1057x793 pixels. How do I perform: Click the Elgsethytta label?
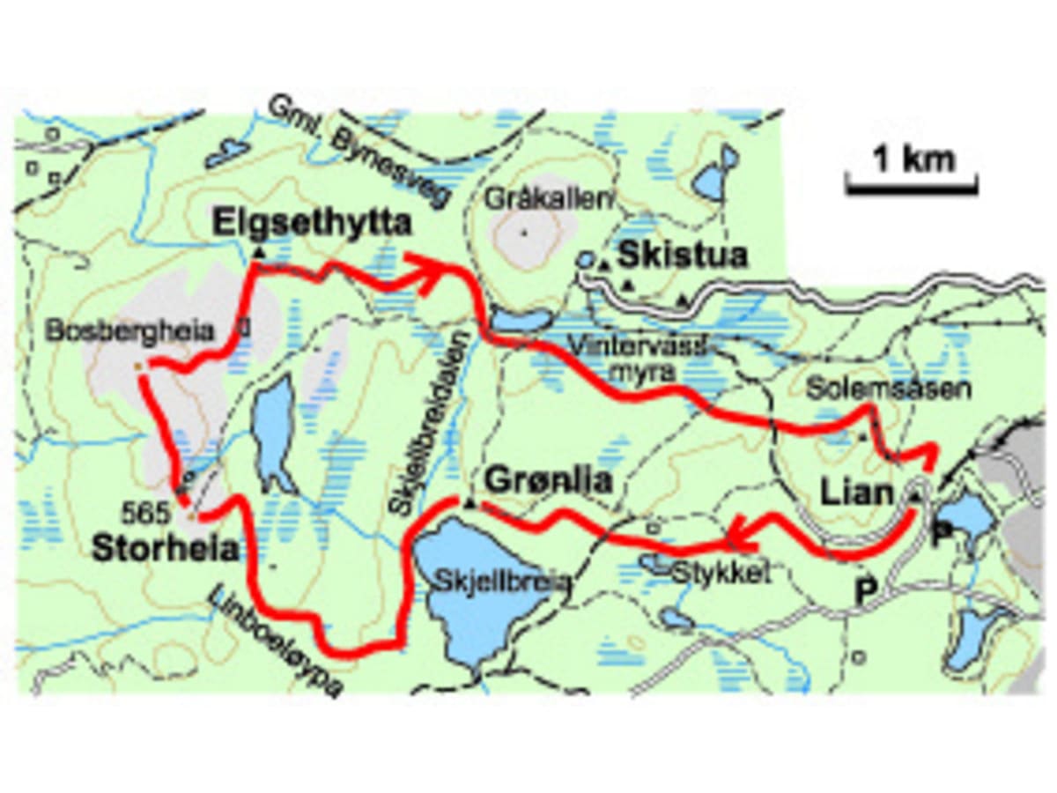[x=312, y=224]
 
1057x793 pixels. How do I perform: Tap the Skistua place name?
[x=683, y=256]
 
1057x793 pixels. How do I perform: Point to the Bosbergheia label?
[x=132, y=332]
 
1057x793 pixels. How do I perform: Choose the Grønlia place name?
[x=548, y=482]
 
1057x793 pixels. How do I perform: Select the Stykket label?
[x=721, y=574]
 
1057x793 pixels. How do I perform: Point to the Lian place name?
[x=857, y=493]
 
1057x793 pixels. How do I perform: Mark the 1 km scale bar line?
[x=912, y=187]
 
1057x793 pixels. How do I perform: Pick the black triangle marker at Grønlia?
[x=469, y=502]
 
